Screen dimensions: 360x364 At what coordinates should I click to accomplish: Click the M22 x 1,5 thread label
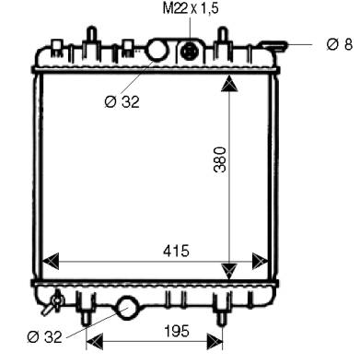[x=191, y=8]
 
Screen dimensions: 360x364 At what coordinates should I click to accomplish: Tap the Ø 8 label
[x=340, y=44]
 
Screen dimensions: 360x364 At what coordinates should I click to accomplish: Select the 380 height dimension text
[x=220, y=159]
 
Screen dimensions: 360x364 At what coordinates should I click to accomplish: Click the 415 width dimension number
[x=176, y=251]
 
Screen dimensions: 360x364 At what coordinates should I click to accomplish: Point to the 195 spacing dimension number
[x=177, y=331]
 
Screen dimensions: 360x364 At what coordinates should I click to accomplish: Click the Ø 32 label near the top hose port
[x=122, y=101]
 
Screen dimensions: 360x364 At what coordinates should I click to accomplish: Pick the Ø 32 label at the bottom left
[x=44, y=337]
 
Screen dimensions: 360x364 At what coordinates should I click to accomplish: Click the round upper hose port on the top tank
[x=157, y=50]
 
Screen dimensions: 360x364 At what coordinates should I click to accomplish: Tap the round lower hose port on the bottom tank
[x=127, y=308]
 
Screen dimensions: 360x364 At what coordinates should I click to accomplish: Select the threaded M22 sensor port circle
[x=190, y=51]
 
